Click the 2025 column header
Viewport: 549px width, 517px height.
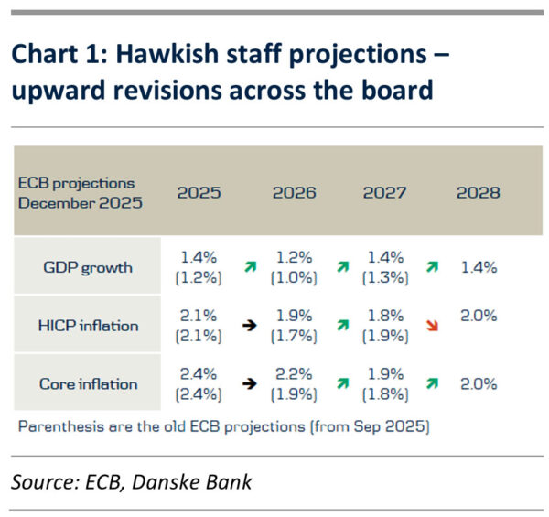[199, 193]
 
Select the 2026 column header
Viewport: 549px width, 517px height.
[294, 193]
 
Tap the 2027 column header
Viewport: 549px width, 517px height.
[385, 193]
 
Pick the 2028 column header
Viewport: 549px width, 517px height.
[478, 193]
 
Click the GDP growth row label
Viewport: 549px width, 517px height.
[88, 267]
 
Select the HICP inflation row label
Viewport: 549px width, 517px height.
[88, 326]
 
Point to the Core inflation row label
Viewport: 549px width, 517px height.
[88, 384]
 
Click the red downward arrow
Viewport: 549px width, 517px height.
[432, 327]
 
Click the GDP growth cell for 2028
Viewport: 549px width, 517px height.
[479, 267]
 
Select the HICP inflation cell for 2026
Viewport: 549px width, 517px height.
[295, 326]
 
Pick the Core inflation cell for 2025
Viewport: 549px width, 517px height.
[199, 384]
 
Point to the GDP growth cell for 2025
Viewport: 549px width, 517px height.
[199, 267]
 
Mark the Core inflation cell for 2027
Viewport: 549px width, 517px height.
[385, 384]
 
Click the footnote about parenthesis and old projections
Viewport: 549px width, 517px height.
[223, 425]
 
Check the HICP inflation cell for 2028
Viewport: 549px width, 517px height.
[479, 317]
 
